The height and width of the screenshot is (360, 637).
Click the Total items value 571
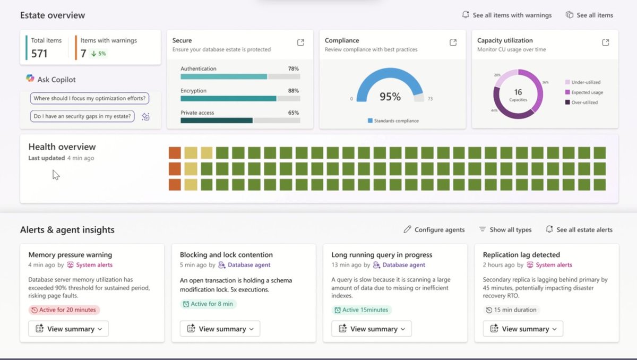(39, 53)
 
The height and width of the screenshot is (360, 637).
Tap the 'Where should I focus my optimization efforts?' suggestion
(89, 98)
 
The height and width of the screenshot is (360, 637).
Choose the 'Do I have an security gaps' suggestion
(83, 116)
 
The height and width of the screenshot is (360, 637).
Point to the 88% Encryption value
(293, 91)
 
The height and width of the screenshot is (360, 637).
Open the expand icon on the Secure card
(300, 42)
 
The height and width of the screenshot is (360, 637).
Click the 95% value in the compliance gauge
(390, 97)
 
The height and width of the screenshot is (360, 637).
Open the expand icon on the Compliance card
(453, 42)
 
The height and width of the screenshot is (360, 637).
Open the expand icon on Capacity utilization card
(605, 42)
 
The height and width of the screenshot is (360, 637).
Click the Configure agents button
(434, 230)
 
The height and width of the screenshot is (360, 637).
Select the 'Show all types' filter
(505, 230)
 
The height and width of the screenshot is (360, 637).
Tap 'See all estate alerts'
(579, 230)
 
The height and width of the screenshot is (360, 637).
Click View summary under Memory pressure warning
(68, 329)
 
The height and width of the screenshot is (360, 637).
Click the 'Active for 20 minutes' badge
(64, 310)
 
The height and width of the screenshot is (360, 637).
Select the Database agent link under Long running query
(403, 265)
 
